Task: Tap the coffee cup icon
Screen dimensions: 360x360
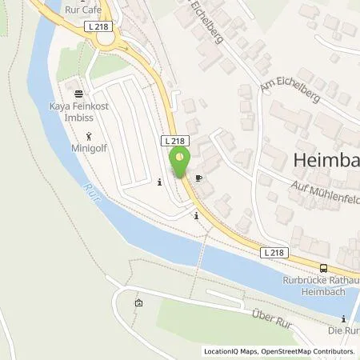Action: [198, 178]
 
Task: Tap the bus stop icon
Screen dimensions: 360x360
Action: [323, 270]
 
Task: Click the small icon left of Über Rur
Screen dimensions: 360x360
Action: [139, 303]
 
